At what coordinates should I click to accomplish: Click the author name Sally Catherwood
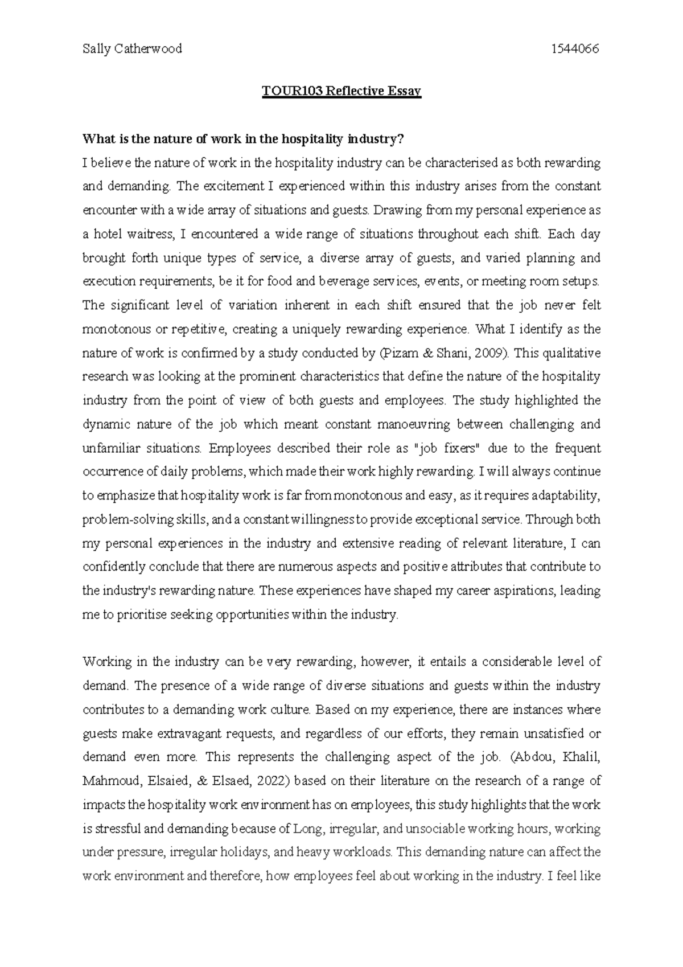point(132,49)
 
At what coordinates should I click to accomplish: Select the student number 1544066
point(576,49)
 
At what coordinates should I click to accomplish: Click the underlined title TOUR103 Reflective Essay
point(341,92)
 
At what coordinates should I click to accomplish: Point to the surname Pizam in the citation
point(398,353)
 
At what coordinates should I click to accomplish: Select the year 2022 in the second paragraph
point(270,781)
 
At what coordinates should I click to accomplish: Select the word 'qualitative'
point(572,353)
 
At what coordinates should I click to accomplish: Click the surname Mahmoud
point(108,781)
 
